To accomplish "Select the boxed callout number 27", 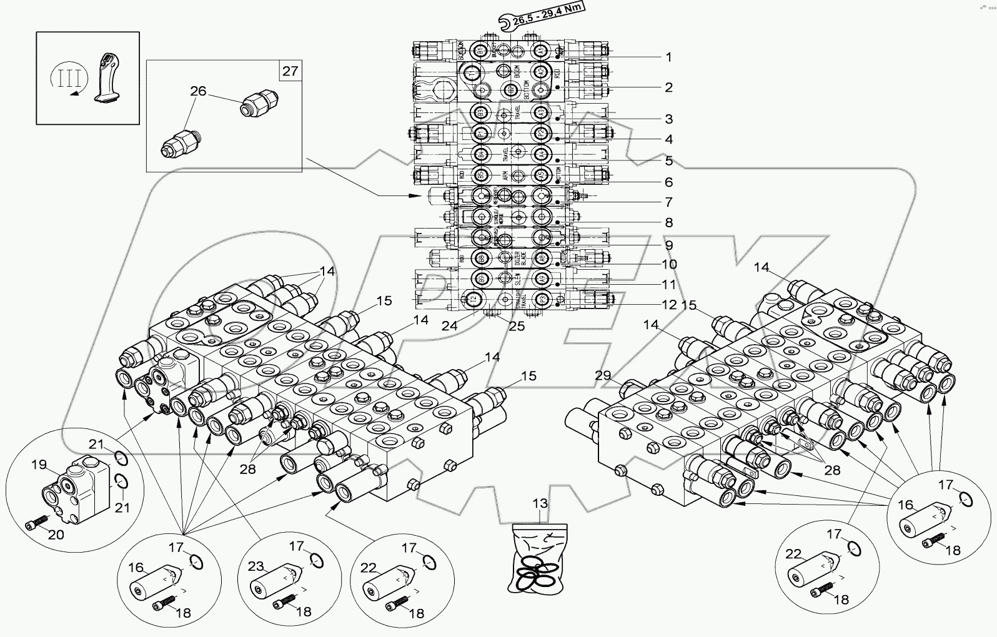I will click(x=290, y=71).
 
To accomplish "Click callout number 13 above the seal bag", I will click(x=539, y=504).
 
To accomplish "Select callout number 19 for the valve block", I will click(x=39, y=465).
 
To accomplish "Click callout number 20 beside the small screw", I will click(x=56, y=535).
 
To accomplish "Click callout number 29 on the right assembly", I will click(x=602, y=375).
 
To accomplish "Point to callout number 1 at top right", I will click(x=668, y=57).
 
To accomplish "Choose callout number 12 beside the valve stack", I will click(x=669, y=305).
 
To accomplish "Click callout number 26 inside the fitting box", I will click(x=198, y=92).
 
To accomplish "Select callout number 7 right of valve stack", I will click(x=668, y=202).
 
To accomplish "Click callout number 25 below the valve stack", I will click(x=516, y=325).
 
